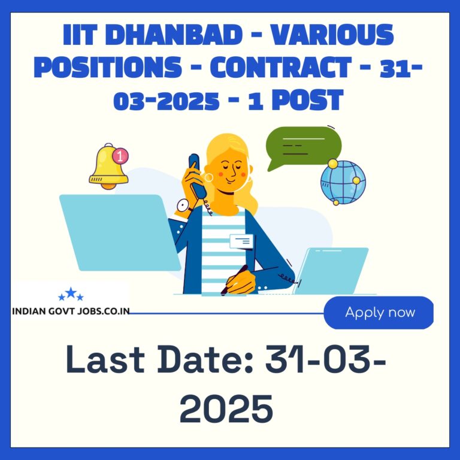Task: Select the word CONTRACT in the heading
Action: pyautogui.click(x=280, y=67)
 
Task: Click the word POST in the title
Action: pyautogui.click(x=307, y=100)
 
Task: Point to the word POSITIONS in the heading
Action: pyautogui.click(x=108, y=67)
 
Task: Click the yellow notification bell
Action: pyautogui.click(x=108, y=167)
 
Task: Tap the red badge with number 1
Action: pyautogui.click(x=120, y=156)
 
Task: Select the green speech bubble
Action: pyautogui.click(x=303, y=147)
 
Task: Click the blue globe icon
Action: pyautogui.click(x=343, y=182)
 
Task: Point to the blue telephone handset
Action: pyautogui.click(x=197, y=175)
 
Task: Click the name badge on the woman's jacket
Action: pyautogui.click(x=241, y=241)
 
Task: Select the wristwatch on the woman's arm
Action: pyautogui.click(x=184, y=206)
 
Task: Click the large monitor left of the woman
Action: pyautogui.click(x=120, y=232)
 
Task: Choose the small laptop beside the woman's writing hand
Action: pyautogui.click(x=331, y=271)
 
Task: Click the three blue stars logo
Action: pyautogui.click(x=71, y=294)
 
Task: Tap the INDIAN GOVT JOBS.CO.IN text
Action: pyautogui.click(x=71, y=311)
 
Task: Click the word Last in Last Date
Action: pyautogui.click(x=105, y=359)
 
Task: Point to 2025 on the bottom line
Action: pyautogui.click(x=226, y=408)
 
